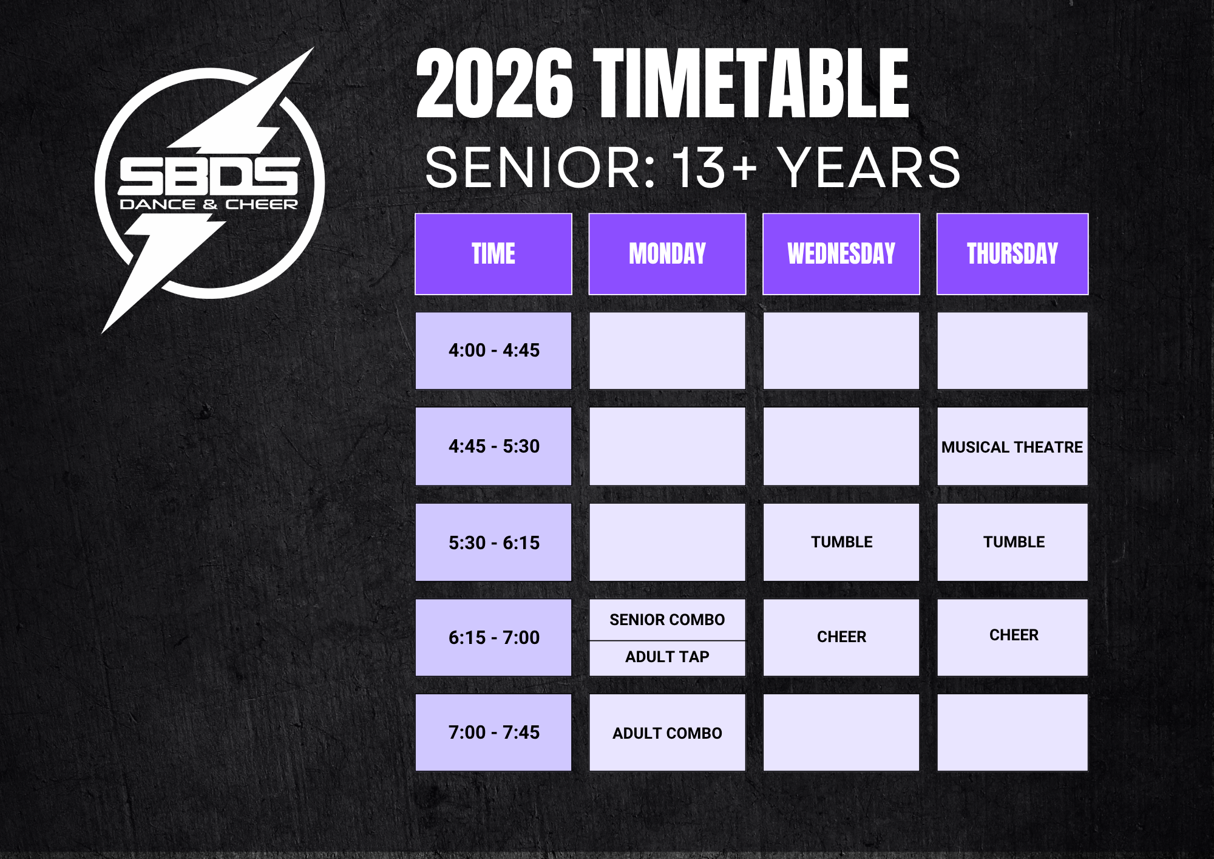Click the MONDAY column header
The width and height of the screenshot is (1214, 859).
tap(667, 254)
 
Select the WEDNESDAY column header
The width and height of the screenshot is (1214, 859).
tap(841, 254)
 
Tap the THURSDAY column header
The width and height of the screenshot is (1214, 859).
tap(1012, 254)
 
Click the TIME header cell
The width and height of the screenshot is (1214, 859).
tap(493, 254)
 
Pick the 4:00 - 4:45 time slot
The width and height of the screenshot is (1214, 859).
tap(493, 351)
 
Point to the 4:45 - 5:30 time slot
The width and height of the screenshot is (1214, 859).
tap(493, 447)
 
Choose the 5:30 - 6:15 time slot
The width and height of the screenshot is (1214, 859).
tap(493, 542)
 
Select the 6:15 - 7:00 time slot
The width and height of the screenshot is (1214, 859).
tap(493, 637)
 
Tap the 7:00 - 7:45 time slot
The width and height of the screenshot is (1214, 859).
tap(493, 733)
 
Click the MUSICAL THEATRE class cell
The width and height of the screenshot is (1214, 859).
tap(1012, 447)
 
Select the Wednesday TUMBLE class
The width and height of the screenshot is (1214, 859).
tap(841, 542)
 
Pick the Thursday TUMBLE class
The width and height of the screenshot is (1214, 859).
tap(1012, 542)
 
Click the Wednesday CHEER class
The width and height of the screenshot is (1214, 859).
tap(841, 637)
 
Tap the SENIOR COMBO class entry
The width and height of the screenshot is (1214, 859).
tap(667, 620)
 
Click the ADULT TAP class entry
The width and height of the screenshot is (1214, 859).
tap(667, 657)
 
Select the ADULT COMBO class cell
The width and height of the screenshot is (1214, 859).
tap(667, 733)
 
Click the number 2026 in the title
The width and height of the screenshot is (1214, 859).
tap(494, 83)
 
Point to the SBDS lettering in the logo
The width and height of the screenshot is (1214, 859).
tap(209, 177)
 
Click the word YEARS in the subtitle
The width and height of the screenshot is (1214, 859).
tap(870, 168)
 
